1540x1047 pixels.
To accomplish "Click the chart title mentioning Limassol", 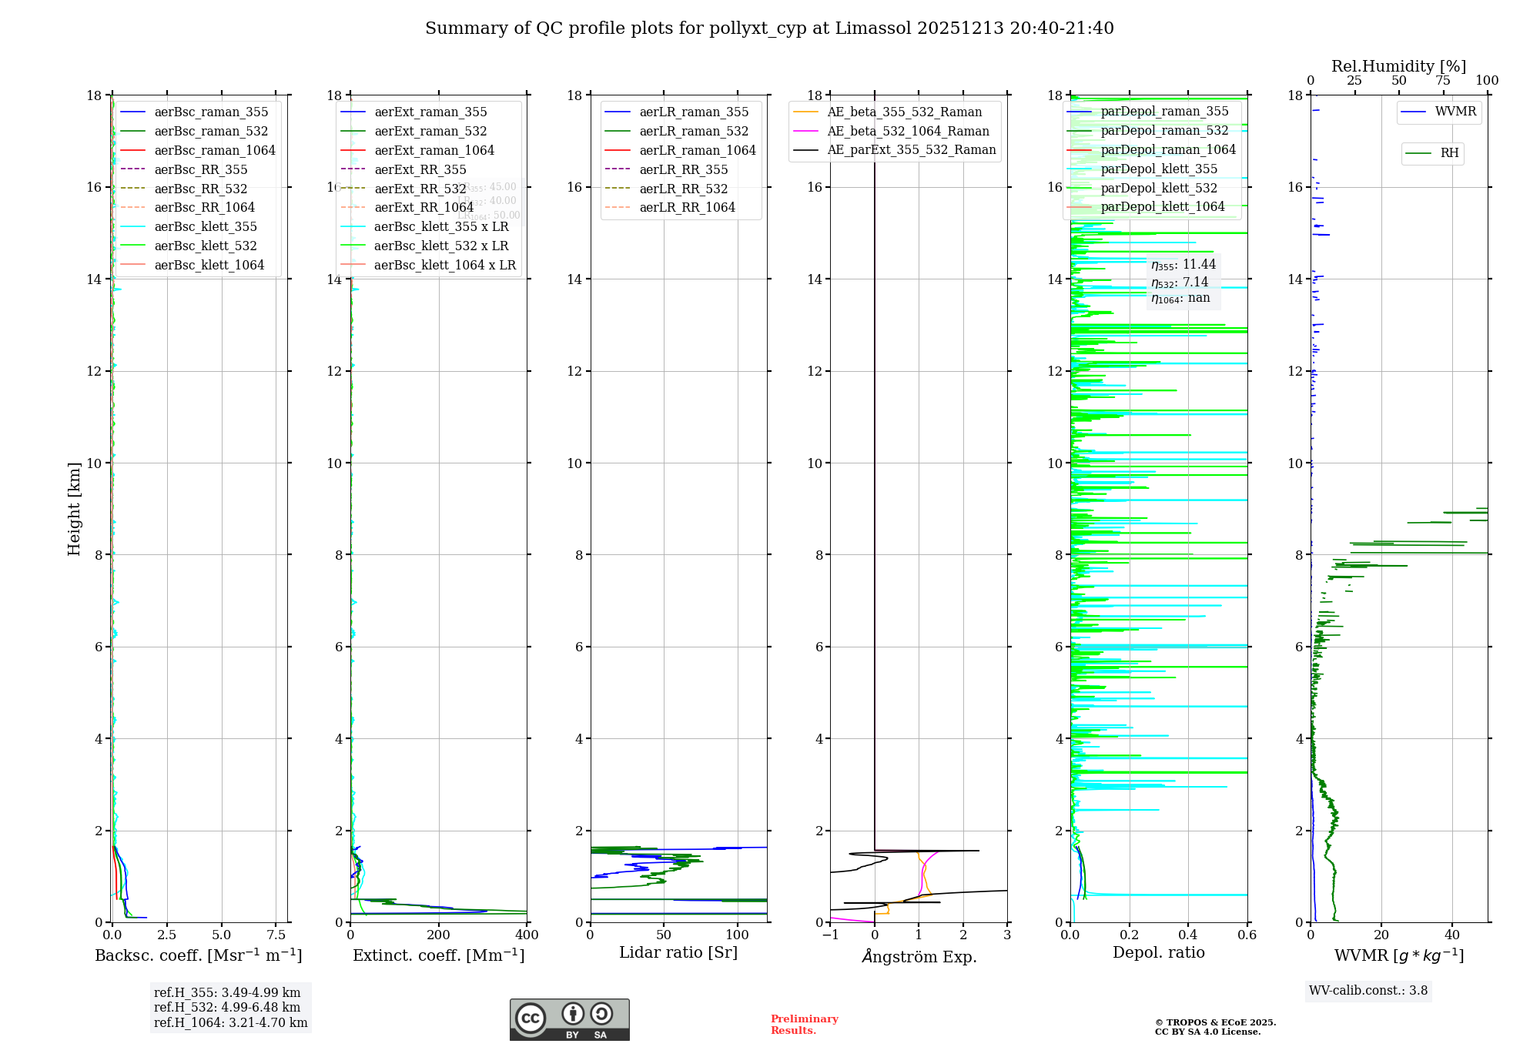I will click(769, 28).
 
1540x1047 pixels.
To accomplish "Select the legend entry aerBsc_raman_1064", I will click(214, 150).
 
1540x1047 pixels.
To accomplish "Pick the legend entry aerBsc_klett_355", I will click(206, 226).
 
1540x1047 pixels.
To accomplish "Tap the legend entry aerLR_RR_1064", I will click(687, 207).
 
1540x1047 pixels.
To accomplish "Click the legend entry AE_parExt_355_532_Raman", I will click(911, 149).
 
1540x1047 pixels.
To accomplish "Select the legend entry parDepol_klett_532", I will click(1159, 188).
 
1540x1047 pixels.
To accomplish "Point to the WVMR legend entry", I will click(1455, 112).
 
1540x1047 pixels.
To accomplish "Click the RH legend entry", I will click(1449, 153).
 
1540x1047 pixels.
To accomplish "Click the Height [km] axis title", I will click(74, 508).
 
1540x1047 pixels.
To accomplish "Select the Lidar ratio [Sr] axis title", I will click(678, 953).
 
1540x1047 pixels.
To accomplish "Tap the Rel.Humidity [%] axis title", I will click(1398, 66).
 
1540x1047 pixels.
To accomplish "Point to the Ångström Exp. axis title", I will click(919, 956).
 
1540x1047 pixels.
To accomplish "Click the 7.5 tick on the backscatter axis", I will click(276, 935).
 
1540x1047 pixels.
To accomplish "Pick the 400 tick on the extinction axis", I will click(527, 935).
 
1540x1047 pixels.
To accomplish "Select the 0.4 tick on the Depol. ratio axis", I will click(1188, 935).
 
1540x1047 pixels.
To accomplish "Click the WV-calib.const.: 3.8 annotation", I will click(1368, 991).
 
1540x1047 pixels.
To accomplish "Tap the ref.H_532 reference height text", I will click(227, 1008).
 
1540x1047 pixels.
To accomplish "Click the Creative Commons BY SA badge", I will click(570, 1020).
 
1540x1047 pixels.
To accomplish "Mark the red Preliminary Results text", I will click(805, 1025).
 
